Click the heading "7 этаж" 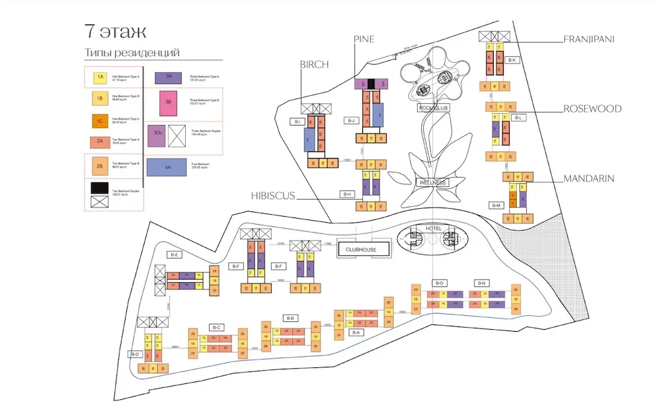[116, 31]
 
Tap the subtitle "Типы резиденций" [132, 53]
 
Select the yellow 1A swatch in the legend [100, 77]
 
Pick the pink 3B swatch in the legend [169, 102]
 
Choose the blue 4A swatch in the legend [169, 168]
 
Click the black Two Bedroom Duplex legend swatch [100, 188]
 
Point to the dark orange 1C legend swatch [100, 121]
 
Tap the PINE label [364, 39]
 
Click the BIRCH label [314, 64]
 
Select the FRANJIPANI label [589, 39]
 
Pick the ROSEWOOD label [592, 108]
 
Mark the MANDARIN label [589, 178]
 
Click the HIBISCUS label [273, 196]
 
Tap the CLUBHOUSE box [362, 249]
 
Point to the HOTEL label [434, 229]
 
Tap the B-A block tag [356, 332]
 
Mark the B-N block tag [482, 284]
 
